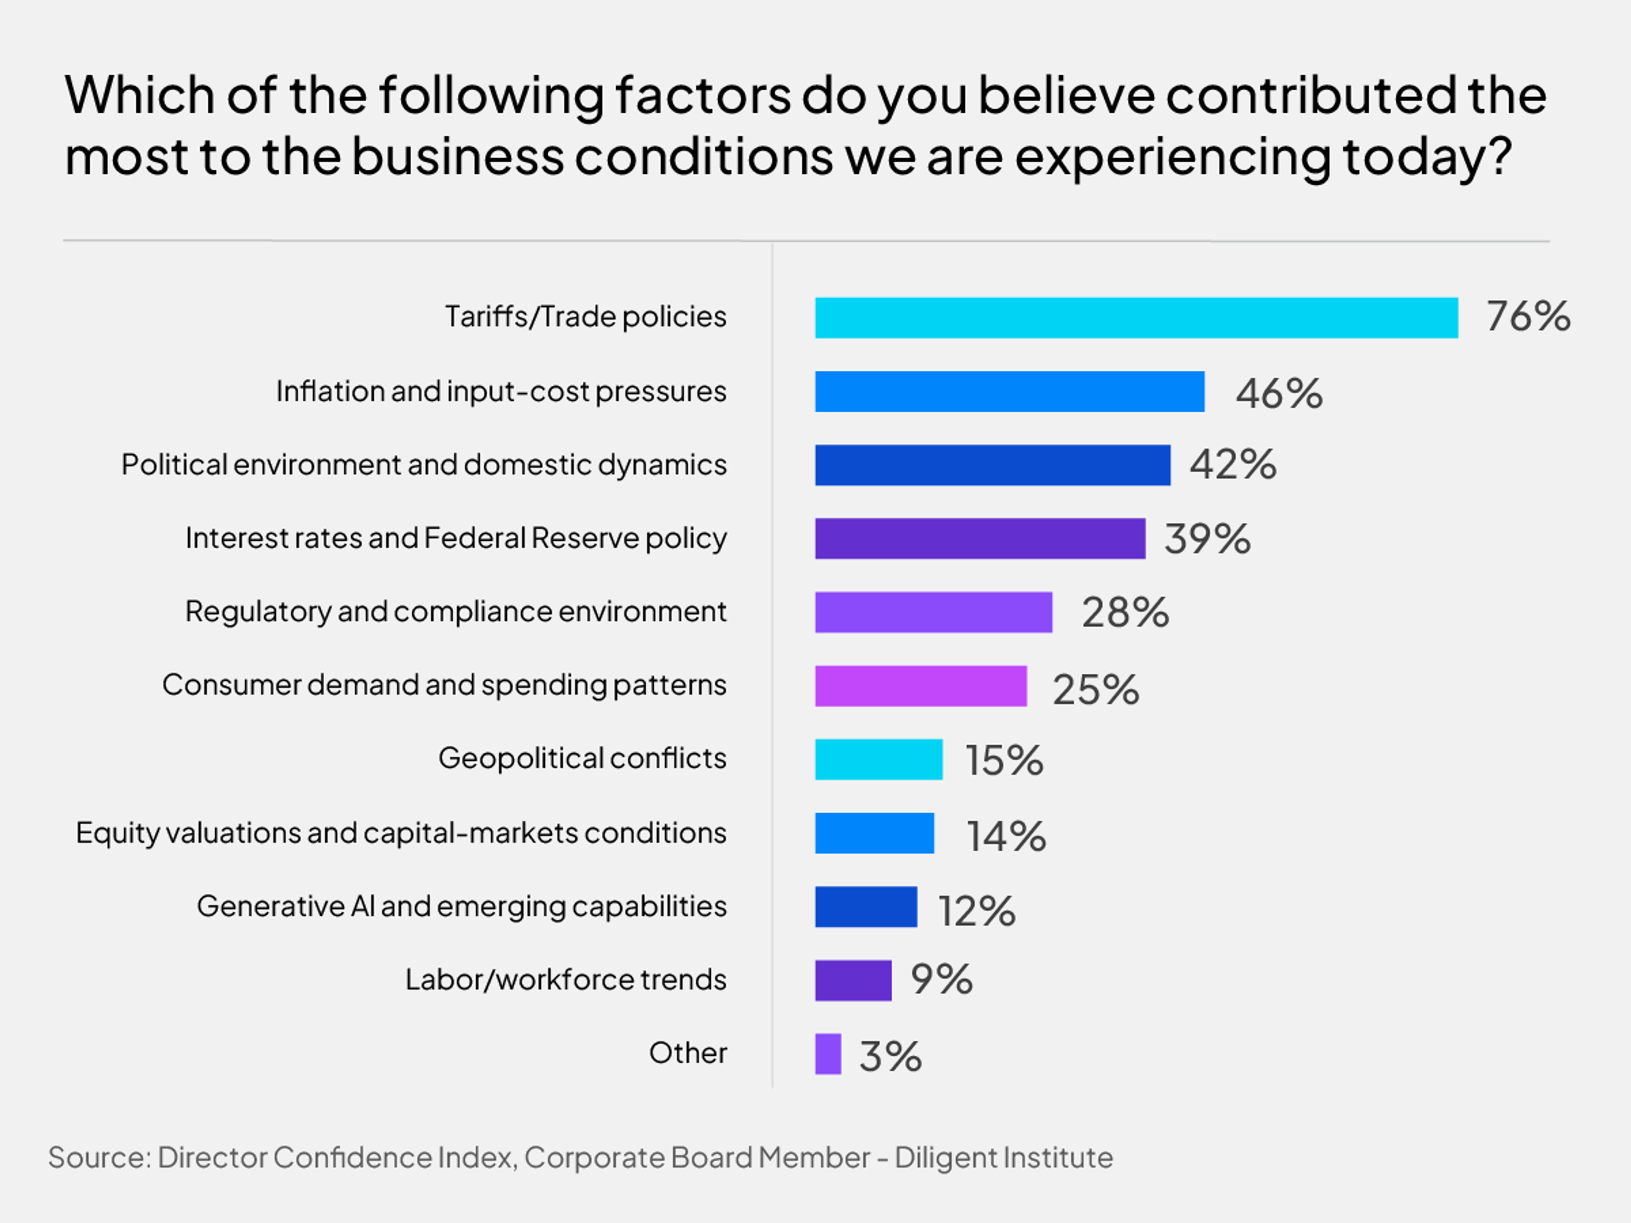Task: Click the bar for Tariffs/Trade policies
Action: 1135,318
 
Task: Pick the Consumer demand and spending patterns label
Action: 444,685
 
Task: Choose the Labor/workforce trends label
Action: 566,980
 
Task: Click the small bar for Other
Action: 827,1054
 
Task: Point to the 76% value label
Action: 1528,316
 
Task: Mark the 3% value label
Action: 890,1057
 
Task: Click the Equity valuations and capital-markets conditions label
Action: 401,833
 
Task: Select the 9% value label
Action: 941,980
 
